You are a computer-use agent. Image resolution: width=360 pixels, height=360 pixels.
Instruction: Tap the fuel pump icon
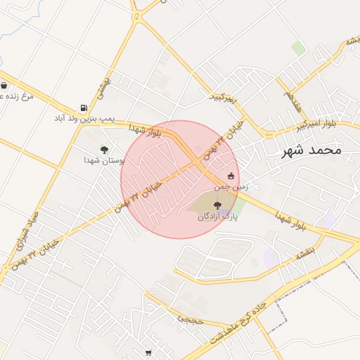pyautogui.click(x=84, y=107)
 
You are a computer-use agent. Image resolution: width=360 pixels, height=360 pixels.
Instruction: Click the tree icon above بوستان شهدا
pyautogui.click(x=105, y=149)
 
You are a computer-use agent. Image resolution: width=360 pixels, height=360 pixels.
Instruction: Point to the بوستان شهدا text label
pyautogui.click(x=105, y=160)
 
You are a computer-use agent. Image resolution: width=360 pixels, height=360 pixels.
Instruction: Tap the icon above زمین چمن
pyautogui.click(x=231, y=176)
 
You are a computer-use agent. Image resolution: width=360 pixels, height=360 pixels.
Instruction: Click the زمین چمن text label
pyautogui.click(x=231, y=186)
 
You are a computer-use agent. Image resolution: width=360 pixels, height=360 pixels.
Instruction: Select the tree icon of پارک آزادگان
pyautogui.click(x=217, y=205)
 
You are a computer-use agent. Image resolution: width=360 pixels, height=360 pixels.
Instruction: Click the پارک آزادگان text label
pyautogui.click(x=217, y=217)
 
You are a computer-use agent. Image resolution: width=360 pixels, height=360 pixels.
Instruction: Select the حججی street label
pyautogui.click(x=190, y=319)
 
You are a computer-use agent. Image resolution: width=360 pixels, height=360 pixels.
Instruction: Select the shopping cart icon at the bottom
pyautogui.click(x=148, y=353)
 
